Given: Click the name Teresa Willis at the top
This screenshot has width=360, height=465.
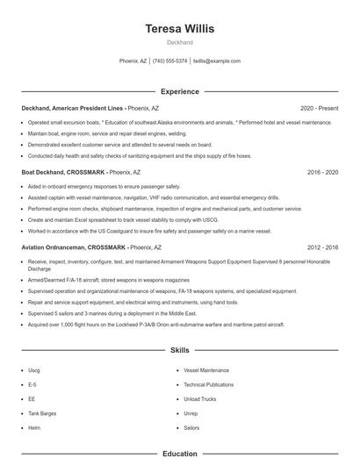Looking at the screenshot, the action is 179,28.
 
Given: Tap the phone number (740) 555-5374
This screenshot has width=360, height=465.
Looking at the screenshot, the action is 169,61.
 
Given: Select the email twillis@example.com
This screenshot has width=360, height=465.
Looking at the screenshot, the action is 216,61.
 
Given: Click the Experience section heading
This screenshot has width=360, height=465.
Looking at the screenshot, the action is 179,91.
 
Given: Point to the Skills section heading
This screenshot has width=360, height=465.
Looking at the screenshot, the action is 179,349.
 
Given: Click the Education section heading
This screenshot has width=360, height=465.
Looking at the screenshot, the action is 179,454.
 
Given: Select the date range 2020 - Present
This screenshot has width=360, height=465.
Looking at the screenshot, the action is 319,109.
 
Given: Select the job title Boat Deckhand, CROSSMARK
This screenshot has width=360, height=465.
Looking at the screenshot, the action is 61,174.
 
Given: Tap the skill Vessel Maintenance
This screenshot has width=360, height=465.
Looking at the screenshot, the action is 206,370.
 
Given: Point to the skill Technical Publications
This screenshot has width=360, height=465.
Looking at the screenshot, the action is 208,384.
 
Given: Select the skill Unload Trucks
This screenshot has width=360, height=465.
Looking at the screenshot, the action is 199,398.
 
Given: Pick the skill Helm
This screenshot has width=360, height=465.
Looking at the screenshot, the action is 34,426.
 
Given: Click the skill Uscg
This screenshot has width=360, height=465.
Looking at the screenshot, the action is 34,370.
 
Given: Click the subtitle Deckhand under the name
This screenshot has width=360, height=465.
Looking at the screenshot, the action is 179,42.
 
